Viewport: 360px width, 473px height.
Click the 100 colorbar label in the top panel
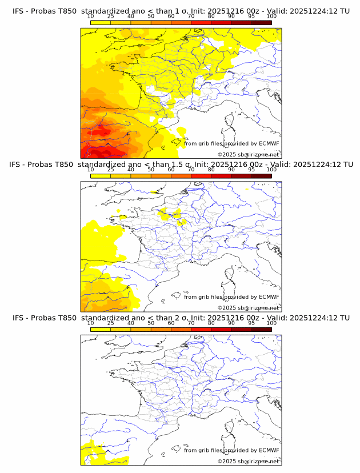click(271, 16)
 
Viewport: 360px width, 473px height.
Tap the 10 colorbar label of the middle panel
click(90, 169)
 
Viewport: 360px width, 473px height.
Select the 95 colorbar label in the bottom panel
click(251, 323)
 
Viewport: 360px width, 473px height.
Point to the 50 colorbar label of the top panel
click(151, 16)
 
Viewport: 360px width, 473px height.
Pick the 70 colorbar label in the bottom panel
click(191, 323)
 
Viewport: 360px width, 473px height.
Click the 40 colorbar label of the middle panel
click(131, 169)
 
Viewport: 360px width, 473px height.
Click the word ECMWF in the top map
click(269, 143)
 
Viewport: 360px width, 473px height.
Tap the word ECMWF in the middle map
click(269, 296)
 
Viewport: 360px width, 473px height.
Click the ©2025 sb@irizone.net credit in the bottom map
click(248, 461)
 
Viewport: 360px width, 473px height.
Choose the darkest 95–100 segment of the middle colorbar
click(262, 175)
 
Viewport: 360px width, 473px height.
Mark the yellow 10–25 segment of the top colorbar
click(101, 22)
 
